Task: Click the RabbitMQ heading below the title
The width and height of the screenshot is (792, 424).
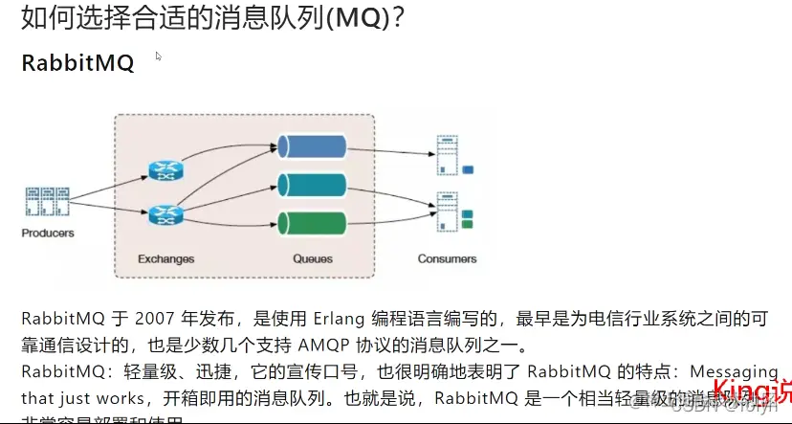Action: (77, 63)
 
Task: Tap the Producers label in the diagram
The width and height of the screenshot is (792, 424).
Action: (48, 233)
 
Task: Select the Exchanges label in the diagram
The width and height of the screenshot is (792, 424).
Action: (165, 258)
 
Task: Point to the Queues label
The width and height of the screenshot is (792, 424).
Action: (312, 258)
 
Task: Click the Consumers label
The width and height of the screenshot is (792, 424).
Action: (447, 258)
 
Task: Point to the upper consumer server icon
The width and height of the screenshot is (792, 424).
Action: (446, 155)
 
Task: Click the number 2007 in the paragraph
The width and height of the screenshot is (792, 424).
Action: (157, 318)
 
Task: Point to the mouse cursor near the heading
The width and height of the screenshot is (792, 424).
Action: (159, 56)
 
